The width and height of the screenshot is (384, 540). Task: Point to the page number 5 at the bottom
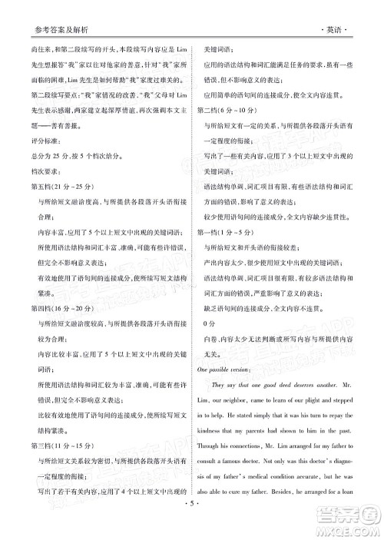point(192,525)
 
